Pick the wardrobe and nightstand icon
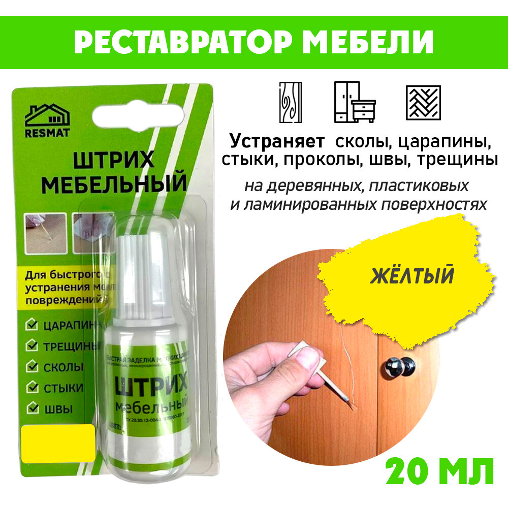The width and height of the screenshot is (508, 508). [354, 102]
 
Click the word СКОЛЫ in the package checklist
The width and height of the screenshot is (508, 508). [64, 367]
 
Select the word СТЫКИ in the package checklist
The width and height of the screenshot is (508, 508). [64, 388]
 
